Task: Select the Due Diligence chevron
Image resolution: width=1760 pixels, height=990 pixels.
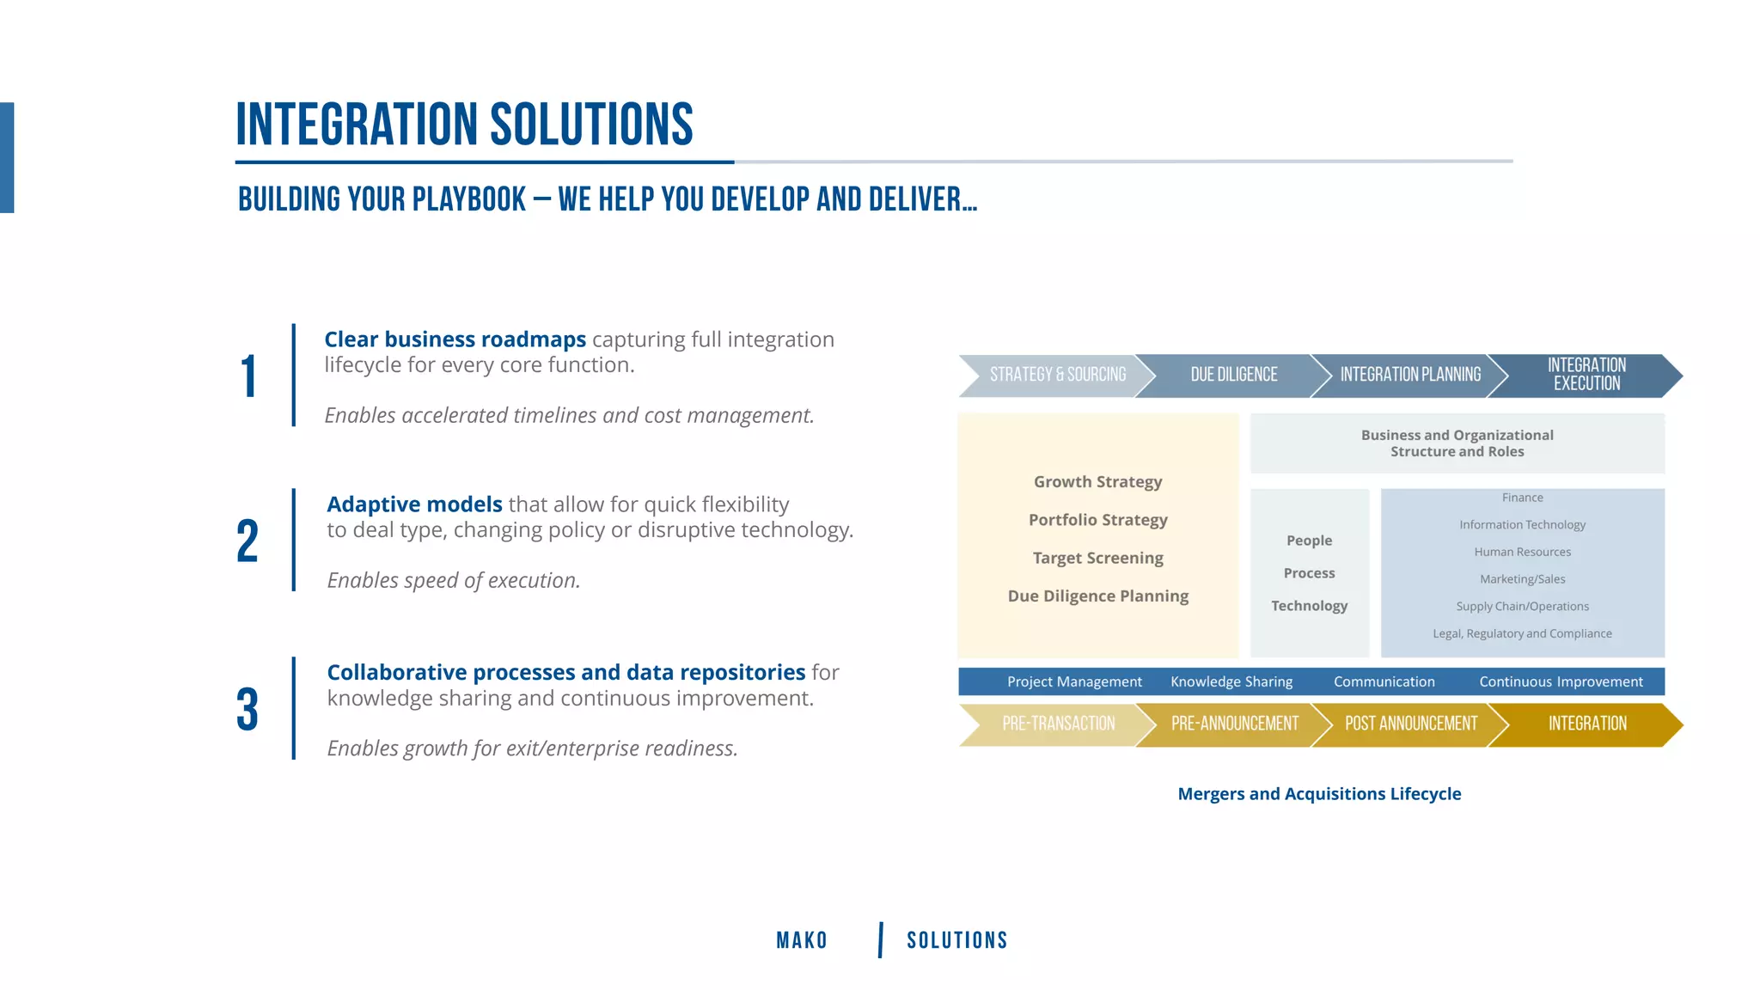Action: pos(1233,375)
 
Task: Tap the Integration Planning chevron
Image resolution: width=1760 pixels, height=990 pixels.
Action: pos(1410,375)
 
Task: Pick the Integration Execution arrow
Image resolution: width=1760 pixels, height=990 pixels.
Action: pos(1586,375)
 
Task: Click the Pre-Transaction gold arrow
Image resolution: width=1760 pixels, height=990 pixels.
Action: pos(1058,724)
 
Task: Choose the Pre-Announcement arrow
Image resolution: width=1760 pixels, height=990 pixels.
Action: pos(1234,724)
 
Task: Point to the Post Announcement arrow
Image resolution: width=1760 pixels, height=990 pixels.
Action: pos(1410,724)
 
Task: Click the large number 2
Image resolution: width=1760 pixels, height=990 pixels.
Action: pos(247,541)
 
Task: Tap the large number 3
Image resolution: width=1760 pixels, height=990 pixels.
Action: pos(247,710)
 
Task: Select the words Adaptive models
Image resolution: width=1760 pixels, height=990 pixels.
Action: pos(414,504)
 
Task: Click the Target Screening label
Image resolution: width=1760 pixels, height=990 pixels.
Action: pos(1097,558)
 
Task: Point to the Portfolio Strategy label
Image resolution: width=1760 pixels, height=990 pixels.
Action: pos(1097,520)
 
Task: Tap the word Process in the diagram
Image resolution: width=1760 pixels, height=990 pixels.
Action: pos(1309,573)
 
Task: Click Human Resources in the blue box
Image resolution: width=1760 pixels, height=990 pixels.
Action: pos(1522,552)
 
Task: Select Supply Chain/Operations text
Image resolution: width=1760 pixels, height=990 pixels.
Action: pos(1522,607)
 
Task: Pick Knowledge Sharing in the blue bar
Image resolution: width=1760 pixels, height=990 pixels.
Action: pos(1231,681)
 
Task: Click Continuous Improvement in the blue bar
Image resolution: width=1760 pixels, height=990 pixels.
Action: pos(1561,681)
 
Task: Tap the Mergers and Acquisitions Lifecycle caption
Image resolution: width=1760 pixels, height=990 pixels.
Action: pos(1319,794)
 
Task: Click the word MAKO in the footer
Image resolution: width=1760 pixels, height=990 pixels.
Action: pos(802,940)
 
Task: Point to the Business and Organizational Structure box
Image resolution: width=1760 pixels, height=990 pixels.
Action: pos(1457,443)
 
